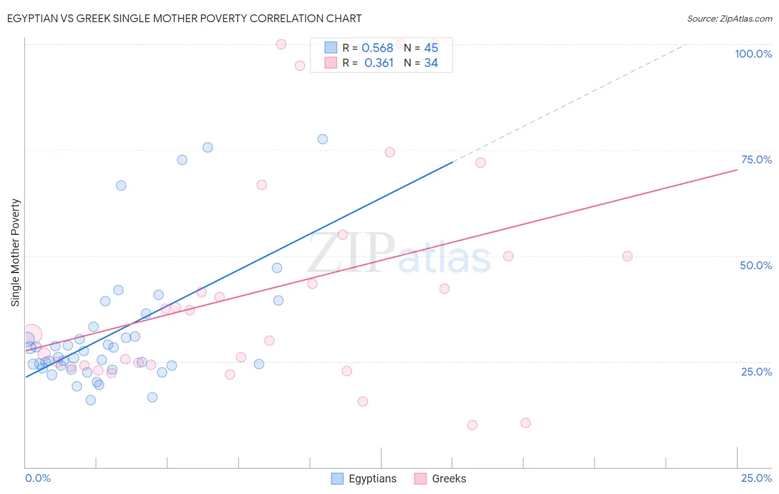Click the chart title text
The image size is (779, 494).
184,18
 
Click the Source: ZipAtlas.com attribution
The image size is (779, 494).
729,18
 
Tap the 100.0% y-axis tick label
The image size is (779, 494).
753,54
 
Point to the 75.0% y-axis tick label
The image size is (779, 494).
756,159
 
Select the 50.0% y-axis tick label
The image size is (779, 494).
756,265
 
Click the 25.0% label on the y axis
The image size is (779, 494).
756,372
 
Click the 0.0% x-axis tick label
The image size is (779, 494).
38,478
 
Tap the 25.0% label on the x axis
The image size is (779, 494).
756,478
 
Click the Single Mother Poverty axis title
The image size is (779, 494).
15,253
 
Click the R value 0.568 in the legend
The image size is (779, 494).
377,48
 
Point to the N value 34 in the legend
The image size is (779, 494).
431,63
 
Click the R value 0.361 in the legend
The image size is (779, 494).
379,63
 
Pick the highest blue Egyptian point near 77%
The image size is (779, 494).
322,139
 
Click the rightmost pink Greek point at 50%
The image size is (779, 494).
627,256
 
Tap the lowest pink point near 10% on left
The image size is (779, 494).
472,425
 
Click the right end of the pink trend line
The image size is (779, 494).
737,169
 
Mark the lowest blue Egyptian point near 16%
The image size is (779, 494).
91,400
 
